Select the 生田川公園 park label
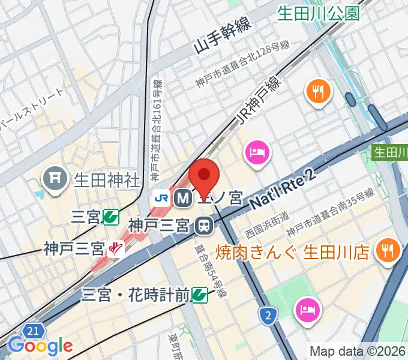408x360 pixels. tap(318, 13)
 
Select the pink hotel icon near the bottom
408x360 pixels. tap(308, 310)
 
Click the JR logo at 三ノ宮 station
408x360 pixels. tap(161, 197)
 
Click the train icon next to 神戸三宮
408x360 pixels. tap(204, 226)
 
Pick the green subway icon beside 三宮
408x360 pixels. tap(110, 216)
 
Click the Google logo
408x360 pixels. tap(40, 346)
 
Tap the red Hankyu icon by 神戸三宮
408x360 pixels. tap(115, 248)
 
